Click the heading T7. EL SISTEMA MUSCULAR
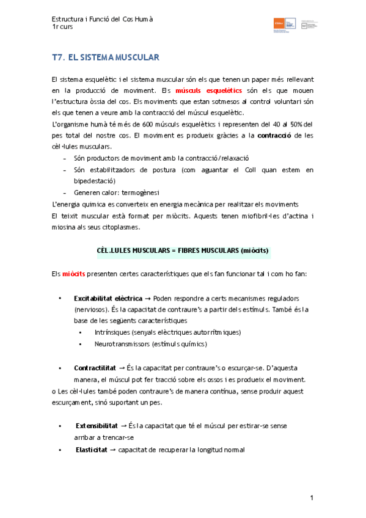106,57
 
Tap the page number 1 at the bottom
312,498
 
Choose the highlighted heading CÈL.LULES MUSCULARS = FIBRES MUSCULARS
183,250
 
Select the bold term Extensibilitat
98,425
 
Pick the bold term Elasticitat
92,450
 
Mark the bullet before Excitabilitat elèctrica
60,298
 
